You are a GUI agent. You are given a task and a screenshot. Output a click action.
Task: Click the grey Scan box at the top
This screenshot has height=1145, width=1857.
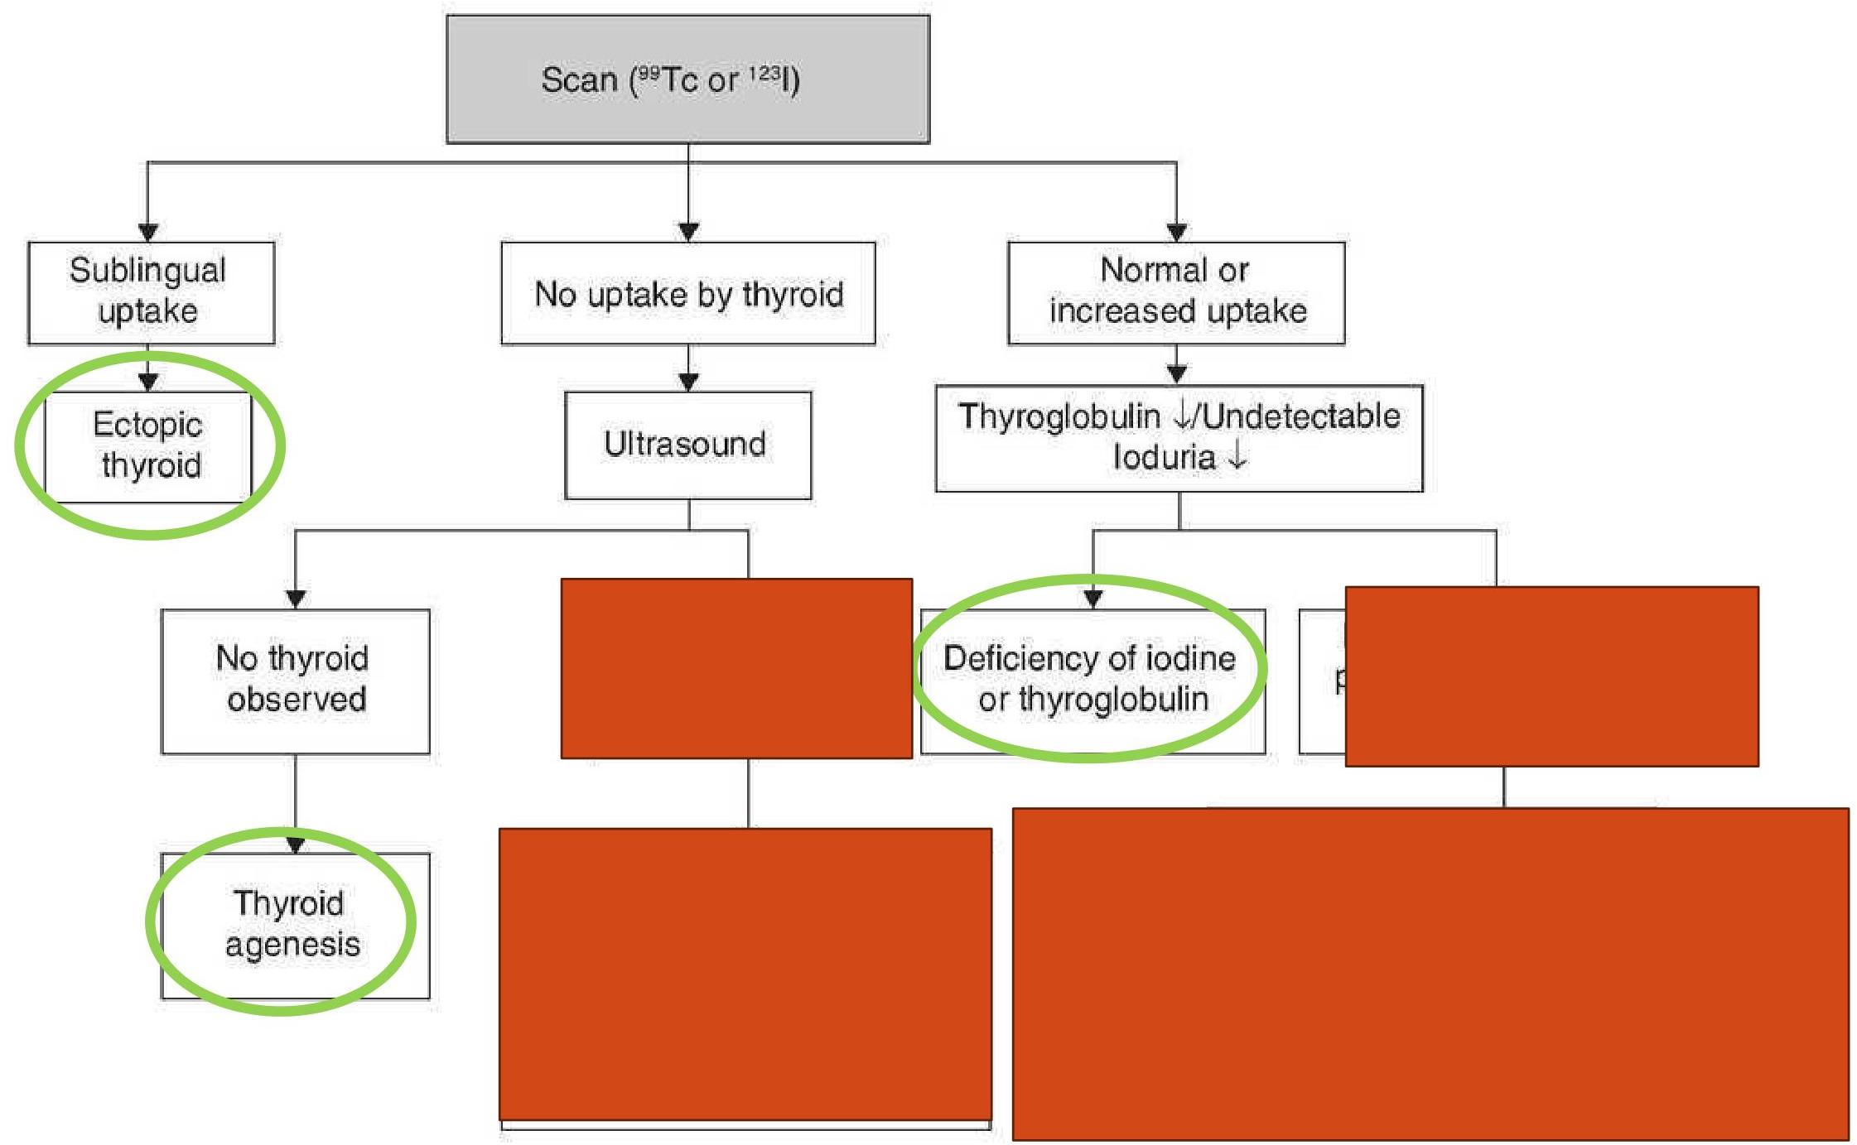click(x=687, y=79)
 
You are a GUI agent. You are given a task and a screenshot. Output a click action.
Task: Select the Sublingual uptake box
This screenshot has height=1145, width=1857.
click(x=151, y=291)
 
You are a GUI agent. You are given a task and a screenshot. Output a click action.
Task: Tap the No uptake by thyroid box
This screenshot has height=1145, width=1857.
click(x=687, y=293)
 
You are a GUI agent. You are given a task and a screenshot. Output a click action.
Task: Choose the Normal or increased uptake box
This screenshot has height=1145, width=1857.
click(x=1176, y=291)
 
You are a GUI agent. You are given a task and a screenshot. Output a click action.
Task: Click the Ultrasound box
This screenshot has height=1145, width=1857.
click(x=687, y=445)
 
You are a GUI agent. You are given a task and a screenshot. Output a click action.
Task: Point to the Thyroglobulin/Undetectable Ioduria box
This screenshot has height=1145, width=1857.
click(x=1179, y=437)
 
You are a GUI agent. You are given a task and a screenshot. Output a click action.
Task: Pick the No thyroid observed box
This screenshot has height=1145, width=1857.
click(x=295, y=681)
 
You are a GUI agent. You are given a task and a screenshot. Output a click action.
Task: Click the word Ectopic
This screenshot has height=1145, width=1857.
click(x=147, y=425)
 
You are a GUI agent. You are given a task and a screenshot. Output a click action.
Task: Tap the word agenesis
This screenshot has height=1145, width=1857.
click(x=292, y=945)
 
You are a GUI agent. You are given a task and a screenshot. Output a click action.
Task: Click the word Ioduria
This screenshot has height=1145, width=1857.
click(x=1164, y=457)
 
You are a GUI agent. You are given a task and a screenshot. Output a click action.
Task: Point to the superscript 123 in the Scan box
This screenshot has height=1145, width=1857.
click(x=765, y=74)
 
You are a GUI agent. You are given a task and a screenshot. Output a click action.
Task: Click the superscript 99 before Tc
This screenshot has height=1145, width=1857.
click(x=649, y=74)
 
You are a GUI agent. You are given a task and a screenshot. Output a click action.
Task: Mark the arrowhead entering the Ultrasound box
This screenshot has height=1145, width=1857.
click(x=688, y=382)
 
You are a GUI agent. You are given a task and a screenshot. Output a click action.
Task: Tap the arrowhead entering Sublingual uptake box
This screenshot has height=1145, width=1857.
click(x=148, y=232)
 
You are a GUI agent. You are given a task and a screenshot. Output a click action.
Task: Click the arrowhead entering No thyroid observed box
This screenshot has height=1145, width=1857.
click(x=296, y=599)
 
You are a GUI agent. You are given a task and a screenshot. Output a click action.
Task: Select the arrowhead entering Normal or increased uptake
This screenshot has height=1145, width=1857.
click(x=1176, y=232)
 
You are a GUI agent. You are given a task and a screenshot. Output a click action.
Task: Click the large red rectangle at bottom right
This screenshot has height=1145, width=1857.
click(x=1430, y=974)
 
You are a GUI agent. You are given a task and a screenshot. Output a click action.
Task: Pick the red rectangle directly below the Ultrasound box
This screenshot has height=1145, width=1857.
click(x=736, y=668)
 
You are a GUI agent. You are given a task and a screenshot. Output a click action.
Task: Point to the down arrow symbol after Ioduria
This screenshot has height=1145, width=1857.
click(x=1237, y=456)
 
